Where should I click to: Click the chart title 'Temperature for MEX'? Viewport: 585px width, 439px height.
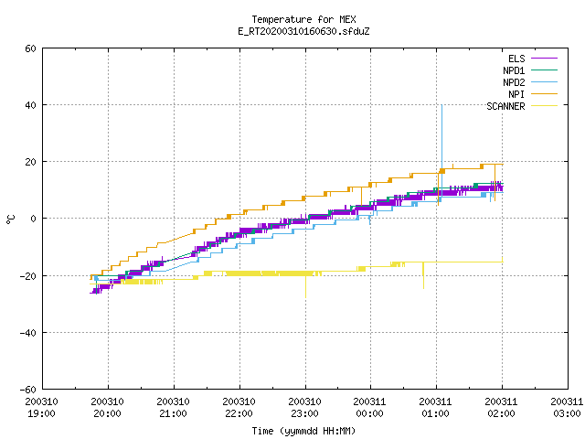(303, 19)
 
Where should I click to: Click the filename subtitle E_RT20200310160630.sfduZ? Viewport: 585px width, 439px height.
(303, 31)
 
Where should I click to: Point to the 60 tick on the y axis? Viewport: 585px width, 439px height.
(30, 48)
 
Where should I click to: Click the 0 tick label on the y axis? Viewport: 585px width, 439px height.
(33, 219)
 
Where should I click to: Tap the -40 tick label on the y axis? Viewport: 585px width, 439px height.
(28, 333)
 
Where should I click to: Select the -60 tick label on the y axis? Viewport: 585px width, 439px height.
(28, 390)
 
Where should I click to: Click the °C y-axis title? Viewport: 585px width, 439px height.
(11, 219)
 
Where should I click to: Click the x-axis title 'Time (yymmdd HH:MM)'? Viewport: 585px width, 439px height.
(303, 431)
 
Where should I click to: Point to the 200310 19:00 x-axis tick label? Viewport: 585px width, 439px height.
(41, 408)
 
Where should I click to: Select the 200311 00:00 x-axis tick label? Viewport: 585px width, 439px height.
(369, 408)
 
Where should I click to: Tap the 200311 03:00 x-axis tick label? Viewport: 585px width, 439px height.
(567, 408)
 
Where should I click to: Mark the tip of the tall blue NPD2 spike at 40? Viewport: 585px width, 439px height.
(441, 105)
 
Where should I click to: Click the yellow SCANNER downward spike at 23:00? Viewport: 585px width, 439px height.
(306, 286)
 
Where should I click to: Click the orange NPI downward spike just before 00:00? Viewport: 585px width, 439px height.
(361, 196)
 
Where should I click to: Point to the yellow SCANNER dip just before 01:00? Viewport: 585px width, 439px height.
(423, 275)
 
